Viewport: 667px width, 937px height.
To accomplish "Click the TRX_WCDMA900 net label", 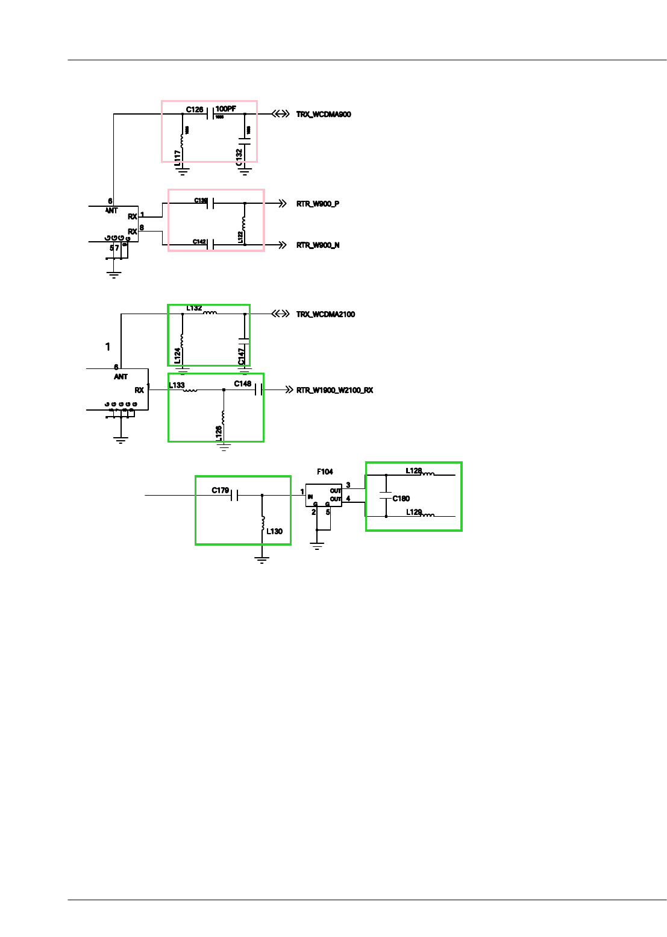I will (x=323, y=115).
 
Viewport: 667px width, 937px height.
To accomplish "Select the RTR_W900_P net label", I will (x=318, y=204).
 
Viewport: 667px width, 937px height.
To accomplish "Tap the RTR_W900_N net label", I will (x=318, y=245).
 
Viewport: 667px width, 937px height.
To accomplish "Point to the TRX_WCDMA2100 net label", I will (x=325, y=314).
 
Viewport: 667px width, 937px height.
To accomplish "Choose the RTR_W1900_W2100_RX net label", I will (x=334, y=390).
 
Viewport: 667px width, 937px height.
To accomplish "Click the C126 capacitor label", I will (x=194, y=110).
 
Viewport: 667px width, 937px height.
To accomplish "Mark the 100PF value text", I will (x=226, y=109).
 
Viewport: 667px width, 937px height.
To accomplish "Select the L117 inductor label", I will (x=178, y=158).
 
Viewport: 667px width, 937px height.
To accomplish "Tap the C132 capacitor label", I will (x=239, y=157).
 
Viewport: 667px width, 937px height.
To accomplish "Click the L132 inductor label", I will (x=194, y=308).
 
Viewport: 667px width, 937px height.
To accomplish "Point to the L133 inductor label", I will (x=177, y=385).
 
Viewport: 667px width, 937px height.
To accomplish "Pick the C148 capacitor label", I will (x=243, y=384).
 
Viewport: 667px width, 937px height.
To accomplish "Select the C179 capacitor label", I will (x=220, y=490).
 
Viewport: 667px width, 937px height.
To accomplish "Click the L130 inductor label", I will (x=274, y=531).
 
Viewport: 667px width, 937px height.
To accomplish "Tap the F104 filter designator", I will (x=325, y=472).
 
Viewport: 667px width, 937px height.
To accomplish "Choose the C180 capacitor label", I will (x=401, y=499).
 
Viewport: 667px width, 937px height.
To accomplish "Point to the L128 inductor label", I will (x=413, y=471).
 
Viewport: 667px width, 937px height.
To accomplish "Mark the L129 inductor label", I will (x=413, y=512).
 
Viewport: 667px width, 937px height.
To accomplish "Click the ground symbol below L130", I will (x=261, y=560).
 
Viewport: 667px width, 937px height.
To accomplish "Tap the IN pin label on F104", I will (x=310, y=497).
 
